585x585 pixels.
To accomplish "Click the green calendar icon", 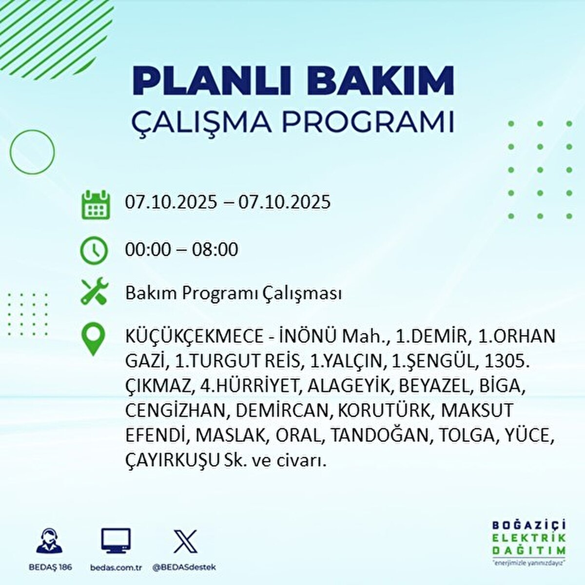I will pyautogui.click(x=96, y=204).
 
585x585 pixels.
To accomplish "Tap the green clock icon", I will pyautogui.click(x=94, y=251).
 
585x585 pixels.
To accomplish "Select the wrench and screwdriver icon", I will pyautogui.click(x=94, y=292).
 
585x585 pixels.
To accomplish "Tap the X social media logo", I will pyautogui.click(x=185, y=541).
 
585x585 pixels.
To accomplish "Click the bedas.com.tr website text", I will pyautogui.click(x=116, y=567).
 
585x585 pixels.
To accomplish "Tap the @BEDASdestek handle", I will pyautogui.click(x=184, y=567).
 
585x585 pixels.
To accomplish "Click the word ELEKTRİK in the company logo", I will pyautogui.click(x=528, y=538).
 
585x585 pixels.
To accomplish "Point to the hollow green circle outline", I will pyautogui.click(x=32, y=152).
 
